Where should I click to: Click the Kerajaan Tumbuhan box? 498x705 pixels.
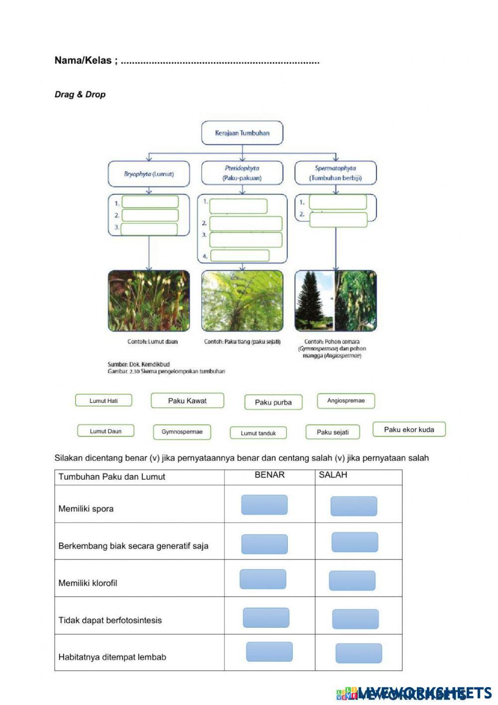click(x=242, y=133)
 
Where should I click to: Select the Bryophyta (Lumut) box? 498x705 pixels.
click(x=149, y=174)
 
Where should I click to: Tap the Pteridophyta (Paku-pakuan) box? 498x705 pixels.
click(x=242, y=173)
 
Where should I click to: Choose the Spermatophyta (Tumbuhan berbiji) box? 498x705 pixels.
click(x=335, y=173)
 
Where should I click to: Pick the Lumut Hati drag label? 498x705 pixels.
click(x=104, y=400)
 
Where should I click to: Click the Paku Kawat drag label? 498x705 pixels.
click(x=187, y=400)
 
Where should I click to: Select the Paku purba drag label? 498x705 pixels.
click(x=273, y=402)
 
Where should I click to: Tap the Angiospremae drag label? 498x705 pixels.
click(x=346, y=400)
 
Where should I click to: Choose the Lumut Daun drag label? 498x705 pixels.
click(x=106, y=431)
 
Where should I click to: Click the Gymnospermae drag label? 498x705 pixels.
click(x=182, y=432)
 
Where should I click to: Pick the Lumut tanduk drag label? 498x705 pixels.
click(x=258, y=433)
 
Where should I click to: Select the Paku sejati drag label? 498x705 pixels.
click(x=333, y=432)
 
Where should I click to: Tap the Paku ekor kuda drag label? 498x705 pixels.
click(x=409, y=429)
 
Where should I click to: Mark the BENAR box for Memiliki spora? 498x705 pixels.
click(x=264, y=505)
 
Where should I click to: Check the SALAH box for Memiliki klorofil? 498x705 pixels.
click(x=352, y=581)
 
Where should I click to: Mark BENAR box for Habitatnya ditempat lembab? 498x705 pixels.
click(x=269, y=652)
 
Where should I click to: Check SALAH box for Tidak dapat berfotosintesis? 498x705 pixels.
click(x=355, y=619)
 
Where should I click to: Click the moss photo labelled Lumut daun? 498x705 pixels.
click(x=149, y=301)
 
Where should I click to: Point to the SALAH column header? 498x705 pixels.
click(x=333, y=475)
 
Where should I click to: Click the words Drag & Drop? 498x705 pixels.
click(x=80, y=94)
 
